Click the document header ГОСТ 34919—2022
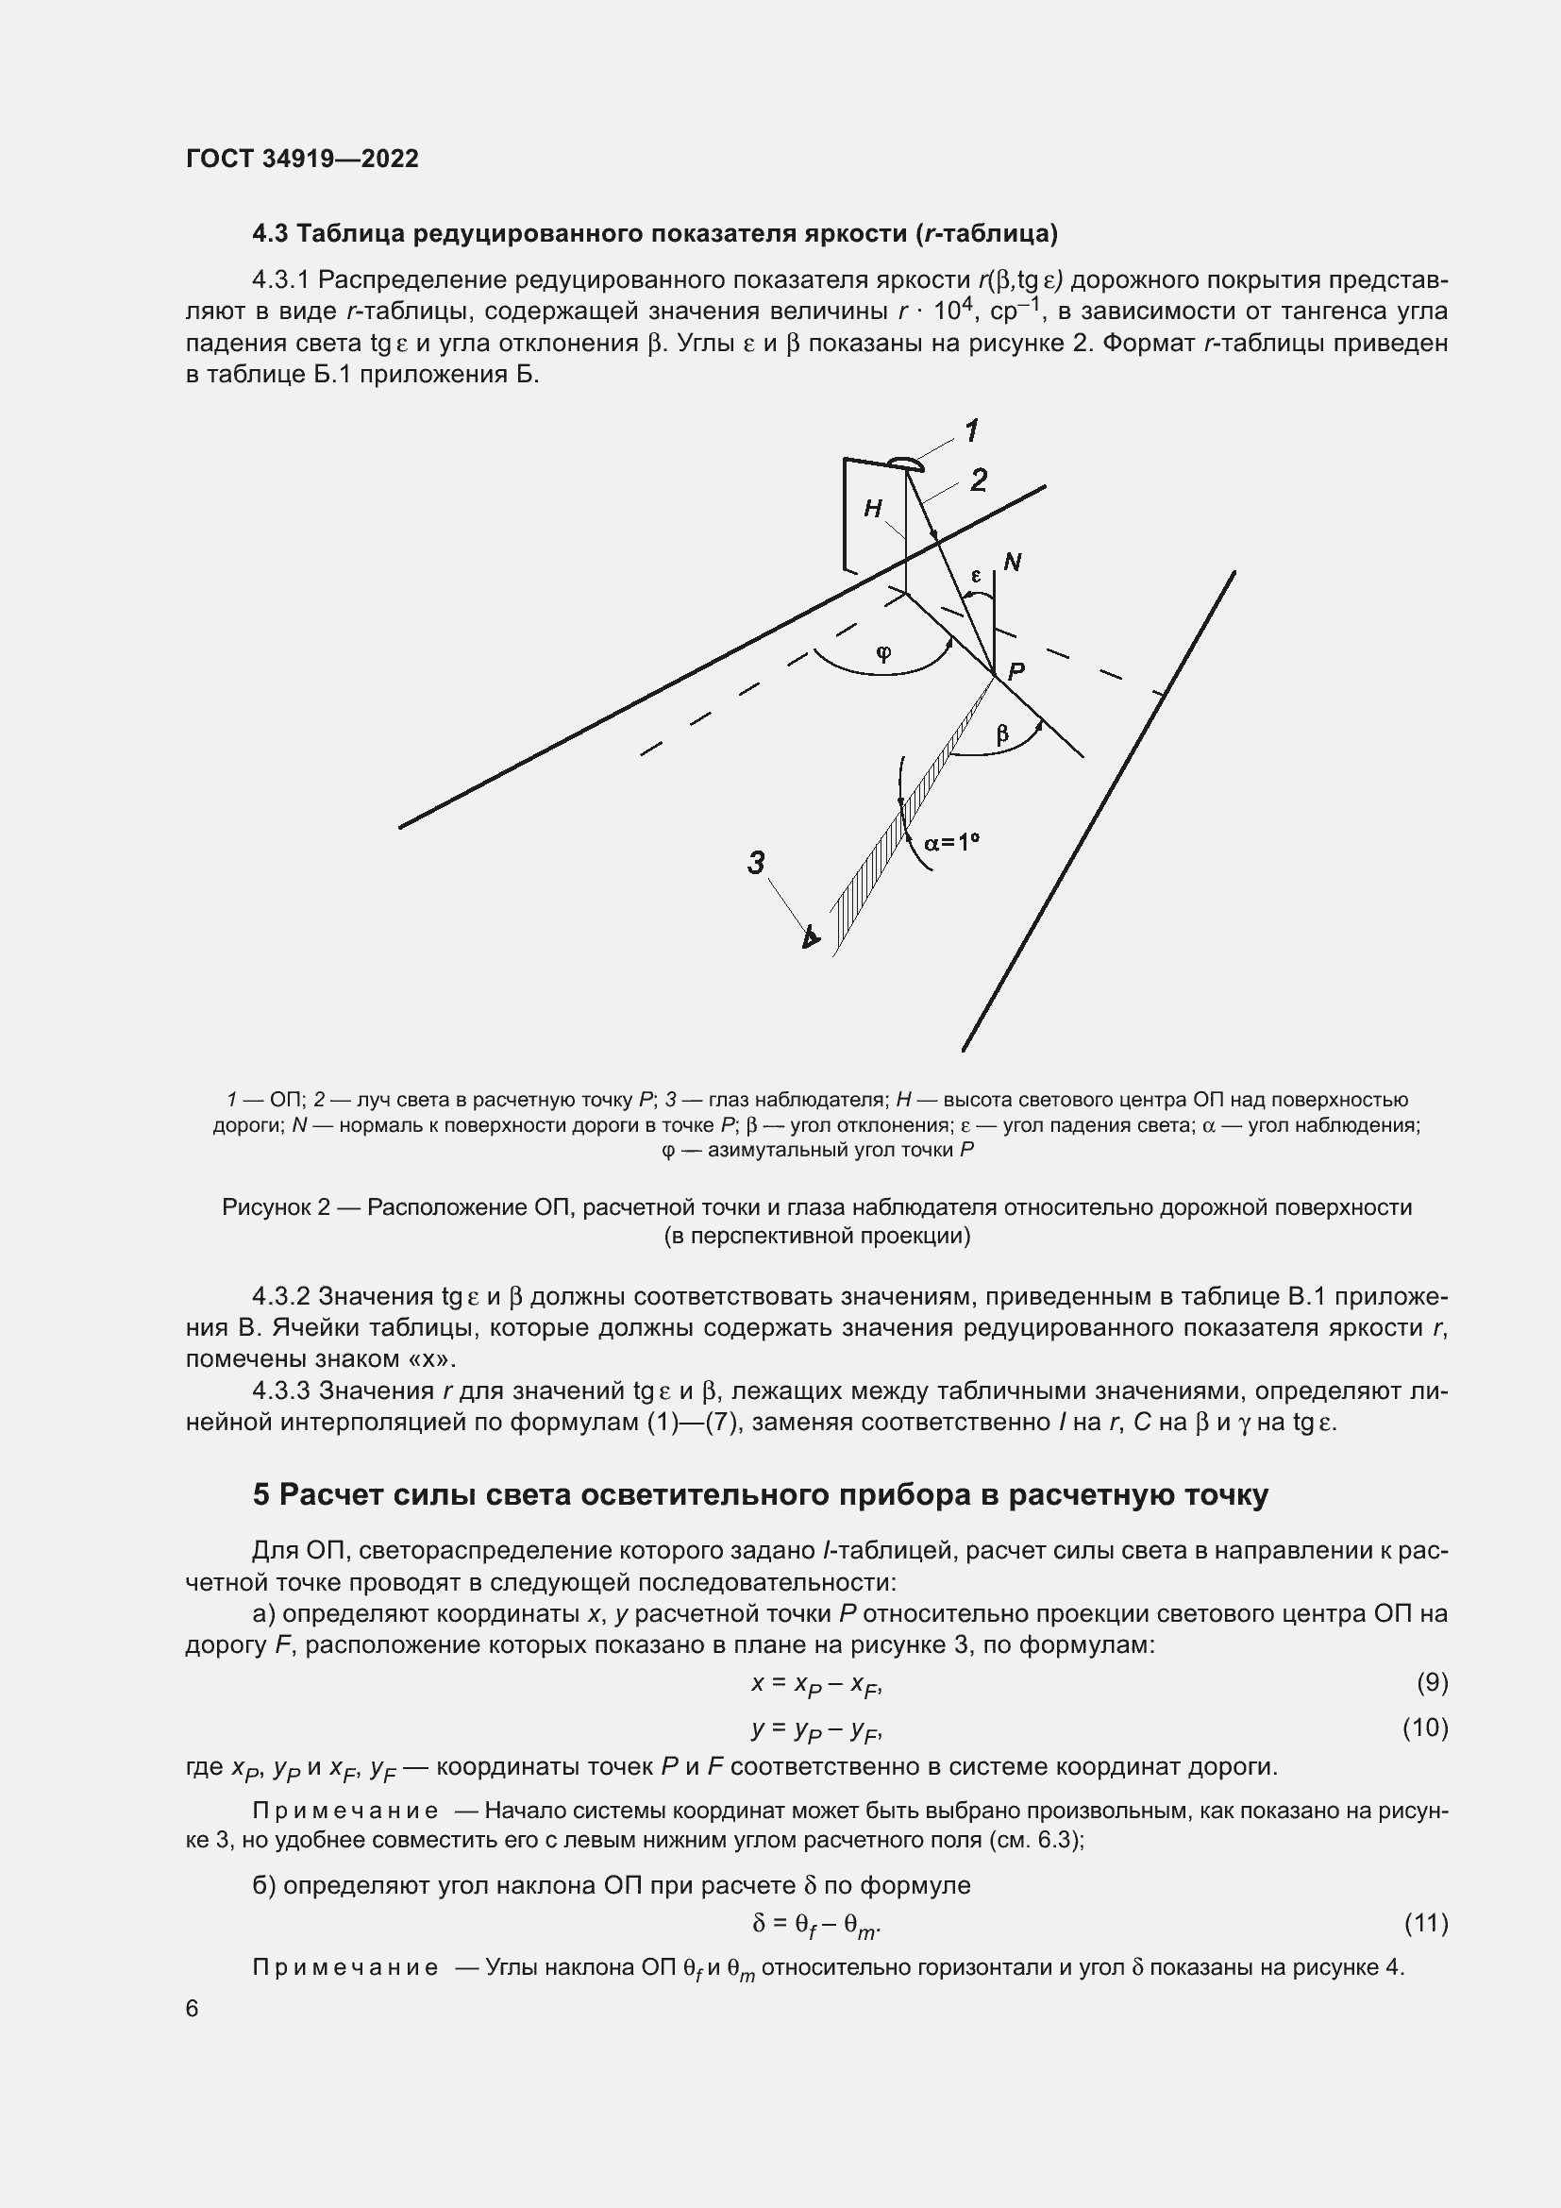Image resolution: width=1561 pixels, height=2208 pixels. pyautogui.click(x=302, y=159)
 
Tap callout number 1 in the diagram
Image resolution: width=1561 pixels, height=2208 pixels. pyautogui.click(x=972, y=430)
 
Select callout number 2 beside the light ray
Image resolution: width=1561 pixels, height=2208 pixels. pyautogui.click(x=979, y=480)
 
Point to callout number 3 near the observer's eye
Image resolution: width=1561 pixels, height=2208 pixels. pyautogui.click(x=757, y=863)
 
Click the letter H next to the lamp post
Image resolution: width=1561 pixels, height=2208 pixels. pyautogui.click(x=873, y=509)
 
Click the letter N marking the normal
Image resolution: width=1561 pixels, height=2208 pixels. pyautogui.click(x=1012, y=562)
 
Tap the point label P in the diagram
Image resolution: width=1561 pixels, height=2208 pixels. pyautogui.click(x=1016, y=672)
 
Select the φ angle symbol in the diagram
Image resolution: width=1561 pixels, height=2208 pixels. pyautogui.click(x=883, y=653)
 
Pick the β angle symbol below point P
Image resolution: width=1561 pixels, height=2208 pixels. pyautogui.click(x=1002, y=734)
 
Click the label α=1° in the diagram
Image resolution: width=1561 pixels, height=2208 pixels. pyautogui.click(x=950, y=842)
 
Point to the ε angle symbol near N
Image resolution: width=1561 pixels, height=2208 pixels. pyautogui.click(x=976, y=576)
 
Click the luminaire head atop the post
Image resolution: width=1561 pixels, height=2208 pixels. pyautogui.click(x=904, y=465)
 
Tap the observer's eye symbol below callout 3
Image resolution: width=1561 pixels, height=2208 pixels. pyautogui.click(x=812, y=935)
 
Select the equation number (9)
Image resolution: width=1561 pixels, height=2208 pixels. pyautogui.click(x=1432, y=1682)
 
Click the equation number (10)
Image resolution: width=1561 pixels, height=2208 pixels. pyautogui.click(x=1425, y=1728)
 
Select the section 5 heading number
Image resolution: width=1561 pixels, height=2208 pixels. pyautogui.click(x=261, y=1494)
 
